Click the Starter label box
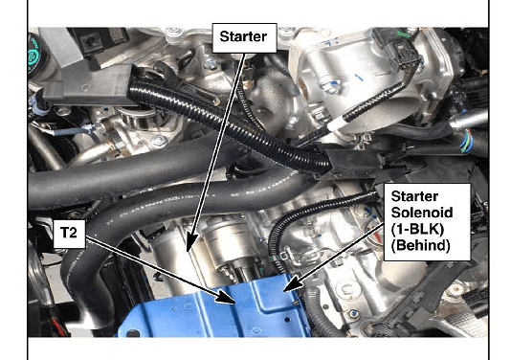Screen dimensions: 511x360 244,37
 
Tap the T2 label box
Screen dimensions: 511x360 70,234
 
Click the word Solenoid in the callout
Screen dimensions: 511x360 422,213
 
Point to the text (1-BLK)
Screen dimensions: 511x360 417,229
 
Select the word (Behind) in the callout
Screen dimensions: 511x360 420,245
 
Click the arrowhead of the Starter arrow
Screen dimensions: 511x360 191,242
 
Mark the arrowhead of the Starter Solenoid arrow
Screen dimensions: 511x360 293,283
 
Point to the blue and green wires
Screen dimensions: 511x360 467,141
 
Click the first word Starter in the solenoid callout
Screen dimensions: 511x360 414,196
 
